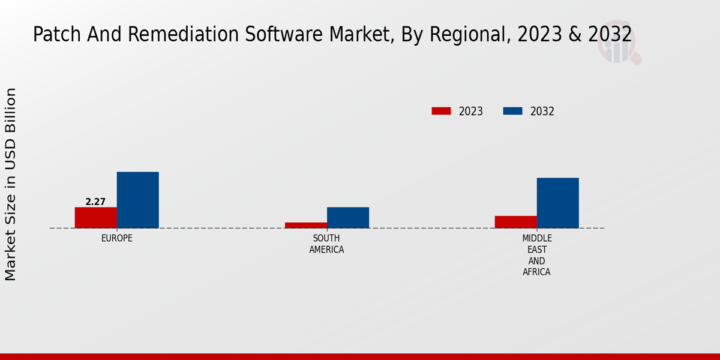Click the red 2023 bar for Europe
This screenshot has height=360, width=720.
95,217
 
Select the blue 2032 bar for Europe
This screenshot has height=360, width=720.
137,200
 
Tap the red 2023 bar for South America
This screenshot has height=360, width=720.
305,225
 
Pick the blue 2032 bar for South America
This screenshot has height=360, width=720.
347,217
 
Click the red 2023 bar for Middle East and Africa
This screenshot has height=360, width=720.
515,221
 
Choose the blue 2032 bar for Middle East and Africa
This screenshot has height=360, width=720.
557,203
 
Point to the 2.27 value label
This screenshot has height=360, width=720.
95,202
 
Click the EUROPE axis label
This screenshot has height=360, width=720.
116,238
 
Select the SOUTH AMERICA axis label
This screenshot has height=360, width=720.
326,244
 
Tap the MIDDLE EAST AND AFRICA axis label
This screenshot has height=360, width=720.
536,255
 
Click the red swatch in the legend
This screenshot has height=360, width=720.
441,111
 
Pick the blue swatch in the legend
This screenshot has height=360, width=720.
512,111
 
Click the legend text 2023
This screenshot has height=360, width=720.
470,112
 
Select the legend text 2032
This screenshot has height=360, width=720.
542,112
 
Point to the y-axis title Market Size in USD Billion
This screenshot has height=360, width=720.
11,184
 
